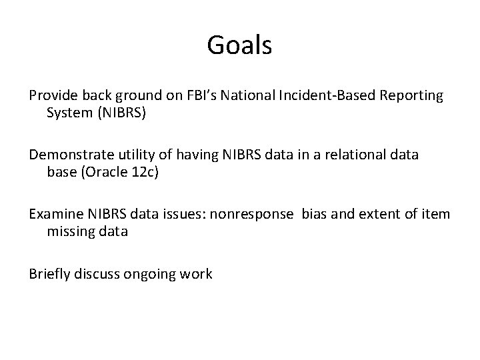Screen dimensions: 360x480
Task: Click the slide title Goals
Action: (x=239, y=45)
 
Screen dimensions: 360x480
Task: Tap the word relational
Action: (x=351, y=155)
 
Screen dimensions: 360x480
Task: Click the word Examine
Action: (x=55, y=215)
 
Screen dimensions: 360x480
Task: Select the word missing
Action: (x=71, y=232)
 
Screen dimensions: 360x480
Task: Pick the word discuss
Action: (x=99, y=274)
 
